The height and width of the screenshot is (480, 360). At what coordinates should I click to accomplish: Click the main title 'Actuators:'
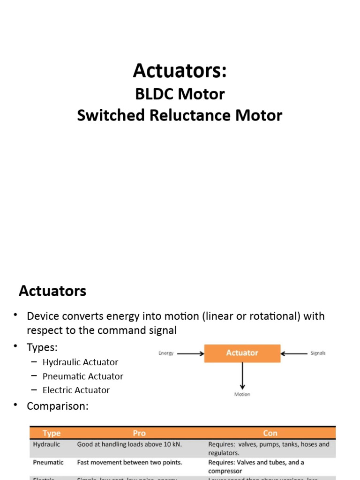click(x=180, y=71)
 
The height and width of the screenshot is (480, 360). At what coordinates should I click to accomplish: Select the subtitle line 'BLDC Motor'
click(x=180, y=94)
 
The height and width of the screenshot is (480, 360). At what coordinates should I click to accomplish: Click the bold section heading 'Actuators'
click(x=52, y=291)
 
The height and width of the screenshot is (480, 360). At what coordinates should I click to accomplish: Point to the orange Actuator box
click(x=242, y=353)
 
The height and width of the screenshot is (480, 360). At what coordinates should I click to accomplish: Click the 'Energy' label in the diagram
click(x=166, y=353)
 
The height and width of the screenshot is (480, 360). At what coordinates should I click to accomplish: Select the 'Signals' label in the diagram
click(x=318, y=353)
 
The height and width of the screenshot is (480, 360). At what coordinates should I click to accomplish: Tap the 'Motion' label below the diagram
click(x=242, y=394)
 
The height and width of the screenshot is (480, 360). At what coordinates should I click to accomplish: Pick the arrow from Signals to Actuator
click(x=294, y=353)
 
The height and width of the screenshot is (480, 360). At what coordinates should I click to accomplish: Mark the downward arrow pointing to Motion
click(x=242, y=376)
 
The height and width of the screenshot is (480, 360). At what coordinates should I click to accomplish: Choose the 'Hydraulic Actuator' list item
click(x=80, y=362)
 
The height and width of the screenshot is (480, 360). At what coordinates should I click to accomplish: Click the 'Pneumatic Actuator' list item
click(x=83, y=376)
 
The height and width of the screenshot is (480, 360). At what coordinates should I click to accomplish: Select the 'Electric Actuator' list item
click(x=76, y=390)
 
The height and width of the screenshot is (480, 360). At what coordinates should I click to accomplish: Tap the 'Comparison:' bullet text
click(x=57, y=406)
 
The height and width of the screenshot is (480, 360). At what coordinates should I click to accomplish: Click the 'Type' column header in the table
click(x=52, y=433)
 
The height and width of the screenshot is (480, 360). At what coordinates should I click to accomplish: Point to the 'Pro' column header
click(x=139, y=433)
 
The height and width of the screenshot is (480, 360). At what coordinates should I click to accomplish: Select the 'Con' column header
click(x=270, y=433)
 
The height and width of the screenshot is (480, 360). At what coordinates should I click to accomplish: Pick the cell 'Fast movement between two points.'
click(x=129, y=462)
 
